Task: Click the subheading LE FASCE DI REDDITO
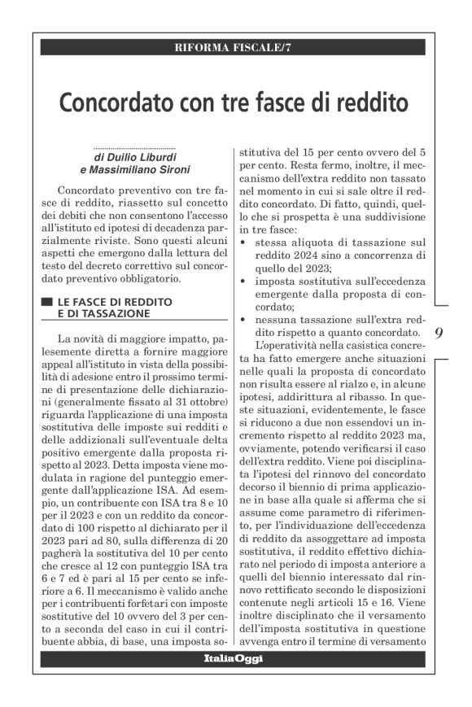coord(115,301)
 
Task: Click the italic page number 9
coord(439,332)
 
